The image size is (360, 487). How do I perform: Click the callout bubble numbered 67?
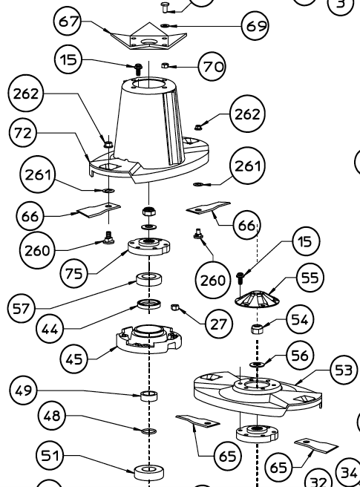[x=68, y=22]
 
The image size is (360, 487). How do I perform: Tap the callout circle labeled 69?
[x=255, y=26]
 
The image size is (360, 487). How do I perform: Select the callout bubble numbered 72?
[x=23, y=133]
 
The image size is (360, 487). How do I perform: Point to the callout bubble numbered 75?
[x=74, y=274]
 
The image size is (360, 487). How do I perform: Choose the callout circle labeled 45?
[x=74, y=359]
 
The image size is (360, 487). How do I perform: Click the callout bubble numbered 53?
[x=343, y=370]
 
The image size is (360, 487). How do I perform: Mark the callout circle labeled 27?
[x=218, y=324]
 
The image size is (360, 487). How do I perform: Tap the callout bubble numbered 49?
[x=24, y=390]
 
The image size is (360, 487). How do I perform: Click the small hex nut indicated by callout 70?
[x=165, y=65]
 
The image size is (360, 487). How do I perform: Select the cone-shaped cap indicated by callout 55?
[x=257, y=299]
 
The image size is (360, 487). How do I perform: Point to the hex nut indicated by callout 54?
[x=257, y=329]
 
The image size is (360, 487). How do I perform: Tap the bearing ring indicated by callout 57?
[x=149, y=279]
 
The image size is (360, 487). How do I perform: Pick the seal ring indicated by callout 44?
[x=149, y=304]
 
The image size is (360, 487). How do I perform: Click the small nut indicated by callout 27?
[x=174, y=307]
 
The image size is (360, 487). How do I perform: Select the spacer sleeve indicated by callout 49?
[x=149, y=396]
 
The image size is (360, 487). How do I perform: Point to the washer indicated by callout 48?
[x=149, y=431]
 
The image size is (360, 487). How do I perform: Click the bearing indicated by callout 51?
[x=149, y=472]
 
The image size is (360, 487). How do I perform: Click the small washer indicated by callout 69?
[x=165, y=25]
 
